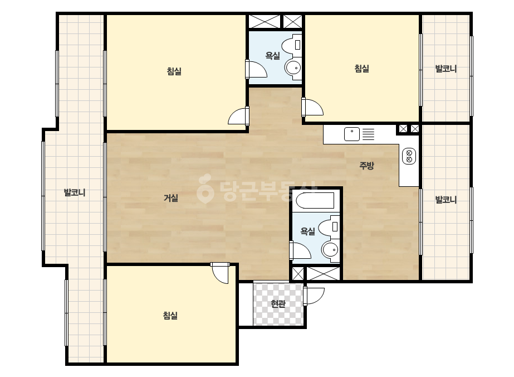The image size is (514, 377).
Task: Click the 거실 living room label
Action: point(171,197)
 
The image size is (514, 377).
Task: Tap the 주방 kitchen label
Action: point(366,165)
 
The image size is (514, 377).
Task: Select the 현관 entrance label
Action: point(278,304)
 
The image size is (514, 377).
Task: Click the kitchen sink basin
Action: point(352,134)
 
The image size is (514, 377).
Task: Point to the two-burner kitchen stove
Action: point(409,156)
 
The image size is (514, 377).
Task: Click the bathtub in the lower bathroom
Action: point(315,201)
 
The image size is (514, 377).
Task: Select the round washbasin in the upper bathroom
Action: point(293,68)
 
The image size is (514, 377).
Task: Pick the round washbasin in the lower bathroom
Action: point(330,250)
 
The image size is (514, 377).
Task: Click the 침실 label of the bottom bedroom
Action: point(170,316)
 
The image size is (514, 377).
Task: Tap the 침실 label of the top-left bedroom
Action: point(174,71)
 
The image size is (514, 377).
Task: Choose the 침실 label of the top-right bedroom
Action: point(362,68)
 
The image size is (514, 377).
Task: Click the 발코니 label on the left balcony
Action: point(75,192)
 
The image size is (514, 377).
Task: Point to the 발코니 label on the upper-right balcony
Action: point(446,69)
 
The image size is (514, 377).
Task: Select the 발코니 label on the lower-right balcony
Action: point(446,199)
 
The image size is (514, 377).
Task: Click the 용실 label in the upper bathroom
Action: point(273,56)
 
